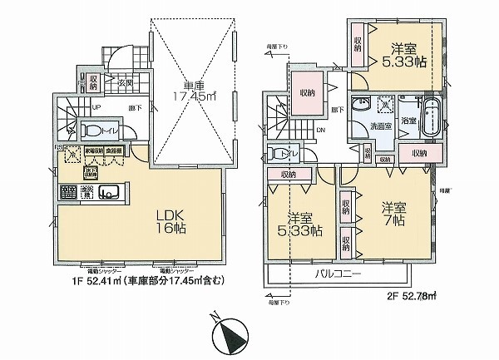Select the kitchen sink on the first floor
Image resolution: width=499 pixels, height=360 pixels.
coord(109,193)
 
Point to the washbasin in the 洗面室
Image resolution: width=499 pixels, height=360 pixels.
coord(362,108)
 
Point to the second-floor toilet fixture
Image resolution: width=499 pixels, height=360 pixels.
coord(278,155)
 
